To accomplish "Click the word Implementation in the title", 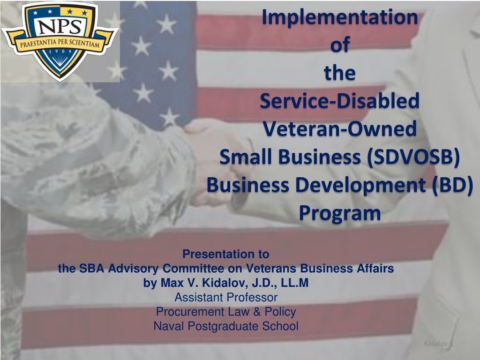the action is [x=340, y=18].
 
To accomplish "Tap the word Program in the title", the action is [x=340, y=213].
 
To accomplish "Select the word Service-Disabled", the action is [x=340, y=101].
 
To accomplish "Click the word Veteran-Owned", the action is [x=340, y=128].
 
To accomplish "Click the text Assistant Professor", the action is [x=226, y=297].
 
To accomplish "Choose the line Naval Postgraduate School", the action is [x=226, y=326].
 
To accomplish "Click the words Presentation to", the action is [x=226, y=254].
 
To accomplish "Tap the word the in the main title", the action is [x=340, y=73].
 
